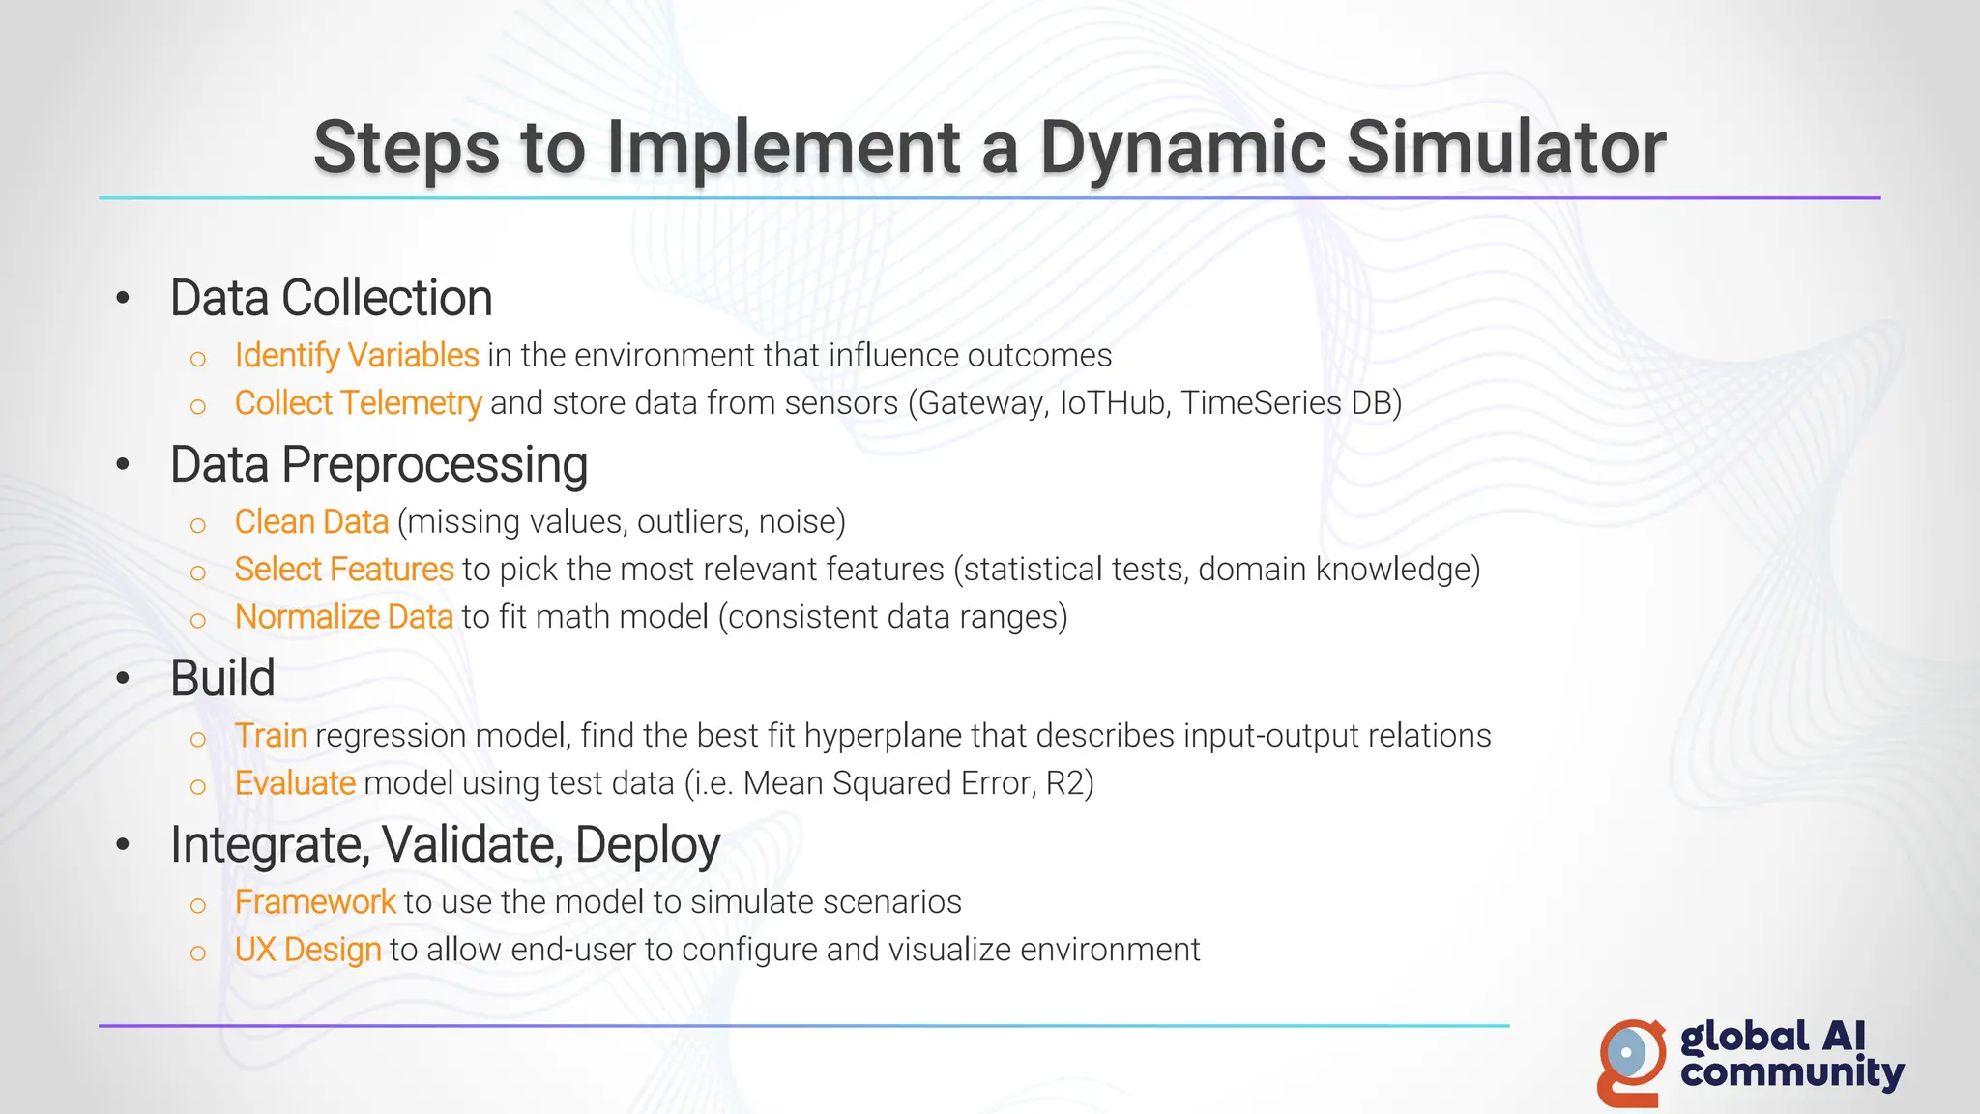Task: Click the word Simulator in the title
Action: pyautogui.click(x=1505, y=148)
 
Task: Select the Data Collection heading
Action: pyautogui.click(x=331, y=298)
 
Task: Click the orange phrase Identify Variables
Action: pyautogui.click(x=356, y=356)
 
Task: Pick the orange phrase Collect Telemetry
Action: pyautogui.click(x=357, y=403)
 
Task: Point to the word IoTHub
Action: pyautogui.click(x=1113, y=403)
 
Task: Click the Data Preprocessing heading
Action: pyautogui.click(x=378, y=465)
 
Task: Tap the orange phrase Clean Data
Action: pyautogui.click(x=311, y=522)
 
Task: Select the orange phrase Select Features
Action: pyautogui.click(x=343, y=570)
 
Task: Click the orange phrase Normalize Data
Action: pyautogui.click(x=343, y=617)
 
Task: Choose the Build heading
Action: pyautogui.click(x=222, y=678)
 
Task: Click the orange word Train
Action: pyautogui.click(x=271, y=736)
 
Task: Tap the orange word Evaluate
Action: pyautogui.click(x=295, y=783)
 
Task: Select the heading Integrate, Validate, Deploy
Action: pyautogui.click(x=445, y=845)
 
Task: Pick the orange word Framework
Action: pyautogui.click(x=315, y=902)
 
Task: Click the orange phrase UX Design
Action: pyautogui.click(x=307, y=950)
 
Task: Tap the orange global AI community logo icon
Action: pyautogui.click(x=1632, y=1061)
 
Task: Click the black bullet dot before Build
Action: pyautogui.click(x=123, y=679)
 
